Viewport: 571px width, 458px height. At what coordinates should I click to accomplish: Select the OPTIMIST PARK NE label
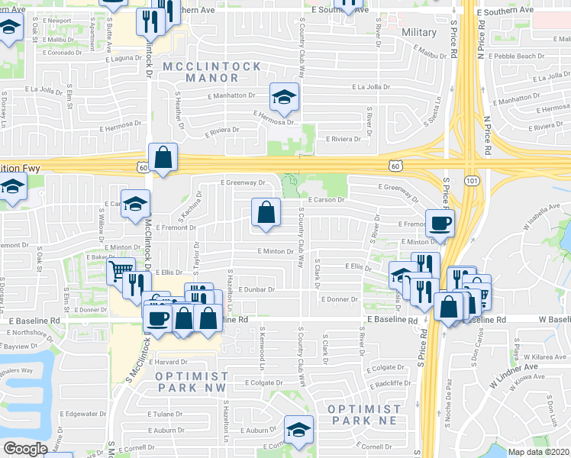(x=364, y=415)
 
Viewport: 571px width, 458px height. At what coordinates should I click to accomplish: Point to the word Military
(x=419, y=33)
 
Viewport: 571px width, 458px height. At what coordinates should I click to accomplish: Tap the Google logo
(x=25, y=449)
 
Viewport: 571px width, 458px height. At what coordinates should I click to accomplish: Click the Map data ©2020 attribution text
(x=538, y=452)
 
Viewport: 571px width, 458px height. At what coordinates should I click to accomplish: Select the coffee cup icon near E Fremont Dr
(x=440, y=224)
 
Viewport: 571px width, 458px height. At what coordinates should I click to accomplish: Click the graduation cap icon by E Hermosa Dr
(x=283, y=98)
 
